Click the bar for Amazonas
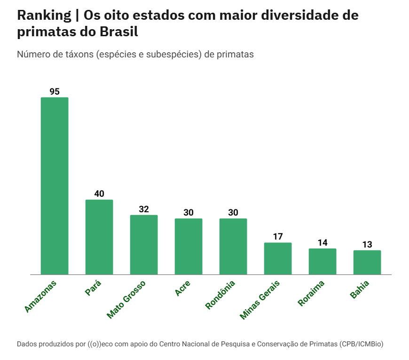(x=55, y=186)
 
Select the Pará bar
(x=99, y=237)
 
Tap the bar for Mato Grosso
(x=144, y=245)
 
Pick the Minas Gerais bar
(x=278, y=258)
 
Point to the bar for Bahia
(x=367, y=262)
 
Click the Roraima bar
(x=322, y=261)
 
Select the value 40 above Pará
(x=99, y=194)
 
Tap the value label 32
(x=144, y=209)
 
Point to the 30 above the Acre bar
(x=189, y=213)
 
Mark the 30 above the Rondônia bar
(x=233, y=213)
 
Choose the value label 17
(x=278, y=237)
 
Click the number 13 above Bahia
(x=367, y=245)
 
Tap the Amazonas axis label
(x=40, y=296)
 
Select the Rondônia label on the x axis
(x=220, y=295)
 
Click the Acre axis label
(x=183, y=288)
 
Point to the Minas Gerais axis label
(x=260, y=300)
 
